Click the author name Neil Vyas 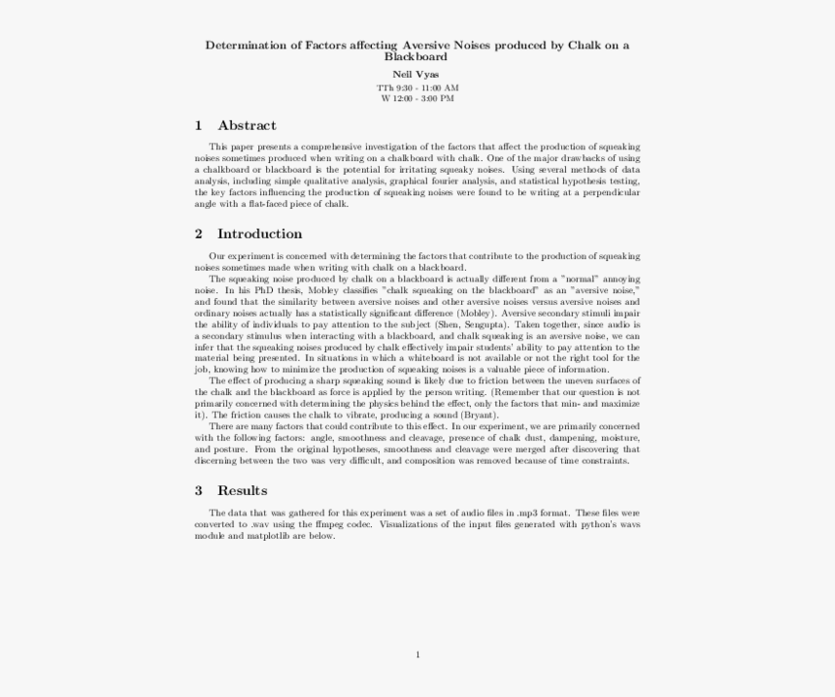pos(417,74)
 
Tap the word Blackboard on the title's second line pos(417,57)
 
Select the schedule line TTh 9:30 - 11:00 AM pos(417,87)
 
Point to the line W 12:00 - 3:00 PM pos(417,98)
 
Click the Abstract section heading pos(247,125)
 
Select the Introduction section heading pos(259,234)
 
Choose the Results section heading pos(242,490)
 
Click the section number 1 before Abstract pos(198,125)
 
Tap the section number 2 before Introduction pos(198,234)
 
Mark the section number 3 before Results pos(198,490)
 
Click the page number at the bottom pos(417,654)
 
